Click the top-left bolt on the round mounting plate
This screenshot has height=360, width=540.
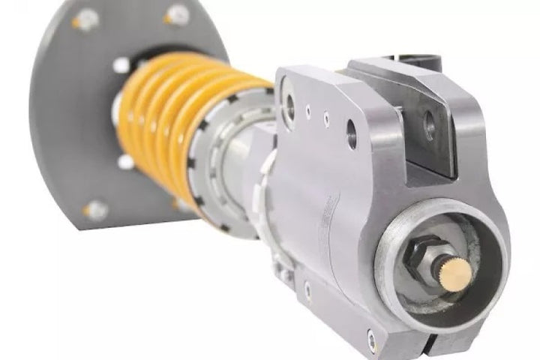[85, 20]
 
